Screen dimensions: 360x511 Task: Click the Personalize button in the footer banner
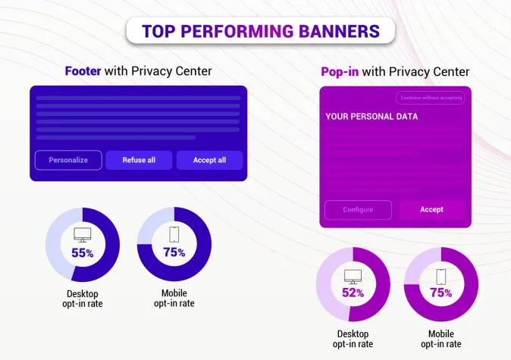click(68, 160)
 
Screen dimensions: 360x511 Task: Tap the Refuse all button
click(139, 160)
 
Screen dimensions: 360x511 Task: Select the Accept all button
click(209, 160)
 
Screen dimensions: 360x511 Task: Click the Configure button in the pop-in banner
click(358, 210)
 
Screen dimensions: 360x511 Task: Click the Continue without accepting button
click(431, 98)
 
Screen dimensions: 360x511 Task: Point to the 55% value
click(82, 253)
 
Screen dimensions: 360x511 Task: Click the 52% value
click(353, 293)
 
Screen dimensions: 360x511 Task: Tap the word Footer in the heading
click(84, 71)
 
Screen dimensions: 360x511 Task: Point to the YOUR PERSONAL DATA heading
click(371, 117)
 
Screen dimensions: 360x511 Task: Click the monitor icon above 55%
click(82, 235)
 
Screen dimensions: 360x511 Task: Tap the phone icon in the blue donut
click(174, 234)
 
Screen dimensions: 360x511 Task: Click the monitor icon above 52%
click(353, 276)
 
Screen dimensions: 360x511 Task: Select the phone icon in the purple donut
click(440, 276)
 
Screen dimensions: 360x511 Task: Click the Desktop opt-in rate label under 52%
click(353, 339)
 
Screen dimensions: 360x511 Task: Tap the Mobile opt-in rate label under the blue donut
click(174, 298)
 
